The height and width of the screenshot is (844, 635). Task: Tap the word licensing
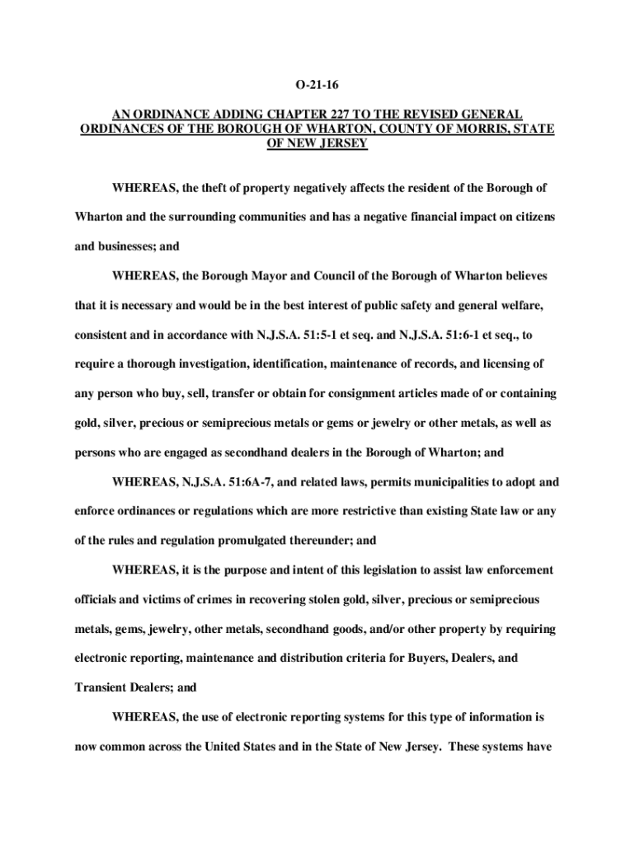[x=510, y=363]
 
